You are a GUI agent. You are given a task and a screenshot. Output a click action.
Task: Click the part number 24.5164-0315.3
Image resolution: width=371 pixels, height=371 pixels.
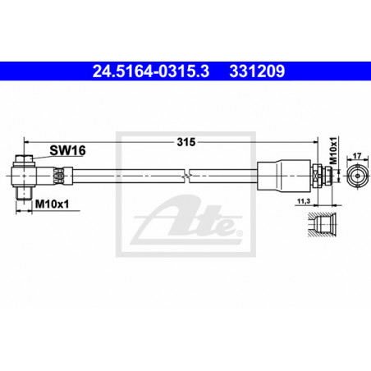[x=151, y=71]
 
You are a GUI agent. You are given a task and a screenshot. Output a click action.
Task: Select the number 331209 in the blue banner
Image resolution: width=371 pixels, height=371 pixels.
[x=257, y=71]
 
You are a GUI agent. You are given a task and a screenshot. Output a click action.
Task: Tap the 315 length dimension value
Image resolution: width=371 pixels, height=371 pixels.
[x=186, y=142]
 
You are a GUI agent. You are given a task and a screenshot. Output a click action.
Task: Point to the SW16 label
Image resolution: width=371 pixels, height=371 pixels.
[x=67, y=150]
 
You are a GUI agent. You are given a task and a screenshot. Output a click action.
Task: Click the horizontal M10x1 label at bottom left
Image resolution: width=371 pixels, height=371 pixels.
[x=53, y=204]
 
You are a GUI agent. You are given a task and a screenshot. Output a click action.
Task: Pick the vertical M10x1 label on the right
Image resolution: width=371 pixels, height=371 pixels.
[x=333, y=150]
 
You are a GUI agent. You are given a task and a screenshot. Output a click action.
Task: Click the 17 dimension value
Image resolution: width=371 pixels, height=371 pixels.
[x=357, y=156]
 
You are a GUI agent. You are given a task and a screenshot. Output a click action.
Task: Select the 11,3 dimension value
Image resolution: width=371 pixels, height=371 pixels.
[x=304, y=201]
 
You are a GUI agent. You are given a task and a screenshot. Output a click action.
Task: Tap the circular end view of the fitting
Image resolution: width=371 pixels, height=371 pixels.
[x=357, y=176]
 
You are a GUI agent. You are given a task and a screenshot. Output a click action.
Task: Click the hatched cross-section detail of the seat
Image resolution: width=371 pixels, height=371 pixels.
[x=323, y=224]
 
